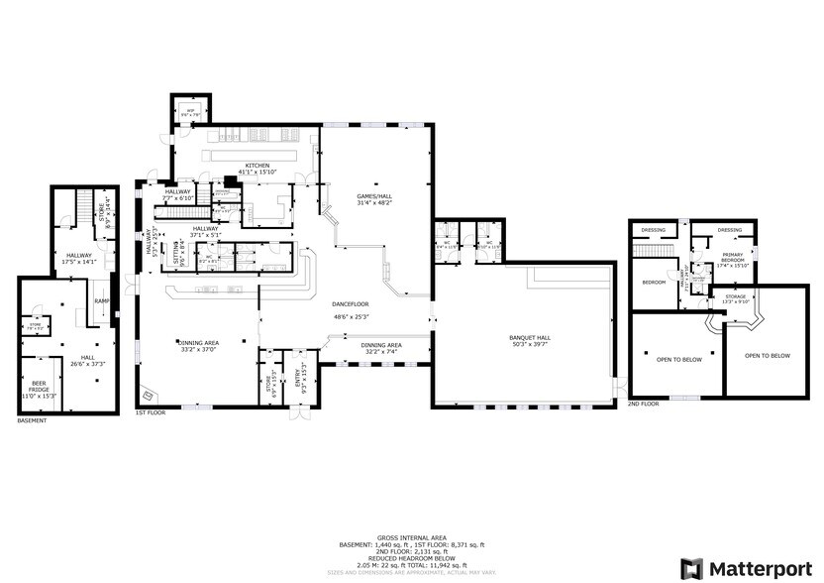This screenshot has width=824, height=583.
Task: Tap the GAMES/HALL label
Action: pyautogui.click(x=375, y=197)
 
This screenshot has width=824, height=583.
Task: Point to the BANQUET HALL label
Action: pyautogui.click(x=530, y=337)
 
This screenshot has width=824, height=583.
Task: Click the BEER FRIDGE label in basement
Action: pyautogui.click(x=40, y=388)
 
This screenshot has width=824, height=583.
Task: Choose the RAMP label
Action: pyautogui.click(x=101, y=300)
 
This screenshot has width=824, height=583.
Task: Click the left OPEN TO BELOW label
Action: pyautogui.click(x=678, y=359)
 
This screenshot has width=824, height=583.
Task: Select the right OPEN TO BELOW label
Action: pyautogui.click(x=768, y=355)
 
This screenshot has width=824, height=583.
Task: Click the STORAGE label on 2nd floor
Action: pyautogui.click(x=735, y=295)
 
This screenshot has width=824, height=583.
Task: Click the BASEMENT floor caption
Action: pyautogui.click(x=33, y=421)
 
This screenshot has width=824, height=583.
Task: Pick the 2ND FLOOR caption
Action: pyautogui.click(x=643, y=404)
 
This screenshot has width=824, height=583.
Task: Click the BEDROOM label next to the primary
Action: pyautogui.click(x=654, y=283)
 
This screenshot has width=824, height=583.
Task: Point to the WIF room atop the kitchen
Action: pyautogui.click(x=190, y=112)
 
